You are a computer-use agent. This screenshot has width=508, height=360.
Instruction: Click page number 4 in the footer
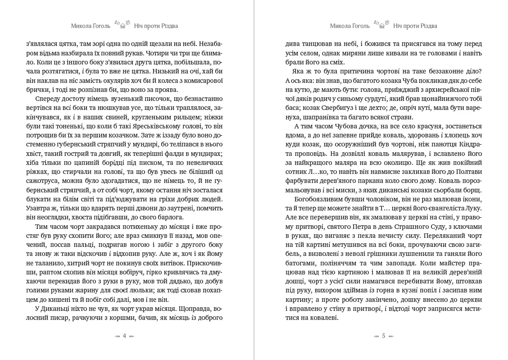pos(124,336)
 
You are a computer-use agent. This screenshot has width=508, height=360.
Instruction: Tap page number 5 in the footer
pos(383,336)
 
